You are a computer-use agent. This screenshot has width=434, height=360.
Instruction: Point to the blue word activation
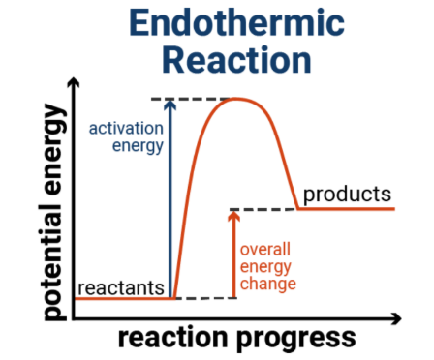[125, 128]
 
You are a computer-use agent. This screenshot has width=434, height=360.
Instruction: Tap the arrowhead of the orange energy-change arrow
[232, 216]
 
